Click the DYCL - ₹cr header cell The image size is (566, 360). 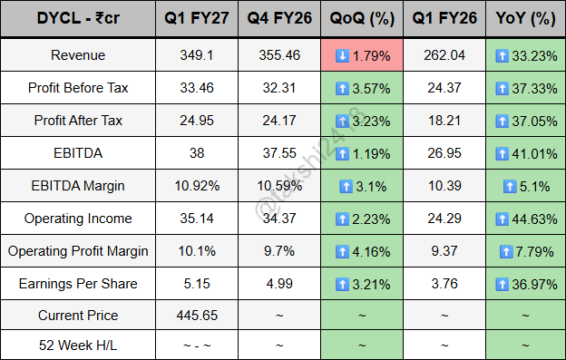point(78,18)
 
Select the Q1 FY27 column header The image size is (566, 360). point(197,18)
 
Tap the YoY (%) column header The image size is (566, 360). point(525,18)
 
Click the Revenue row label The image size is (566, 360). point(78,55)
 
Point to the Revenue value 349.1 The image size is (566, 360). point(197,55)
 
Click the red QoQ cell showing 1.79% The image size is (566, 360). point(362,55)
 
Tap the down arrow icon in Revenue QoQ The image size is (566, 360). point(342,56)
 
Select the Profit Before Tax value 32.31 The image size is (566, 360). point(279,88)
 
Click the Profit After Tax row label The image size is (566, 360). point(78,121)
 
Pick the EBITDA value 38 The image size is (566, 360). point(197,153)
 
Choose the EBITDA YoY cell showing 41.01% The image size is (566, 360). point(525,153)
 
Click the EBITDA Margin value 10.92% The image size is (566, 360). point(197,186)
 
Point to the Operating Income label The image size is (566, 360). point(78,219)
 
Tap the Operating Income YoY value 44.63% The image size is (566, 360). point(534,219)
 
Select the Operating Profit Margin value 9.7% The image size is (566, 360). point(279,251)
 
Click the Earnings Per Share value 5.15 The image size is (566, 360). point(197,284)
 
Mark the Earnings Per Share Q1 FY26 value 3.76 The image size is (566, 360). point(444,284)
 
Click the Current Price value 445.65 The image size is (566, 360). point(197,316)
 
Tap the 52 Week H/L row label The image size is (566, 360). point(78,345)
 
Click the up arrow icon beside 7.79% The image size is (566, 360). point(506,252)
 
